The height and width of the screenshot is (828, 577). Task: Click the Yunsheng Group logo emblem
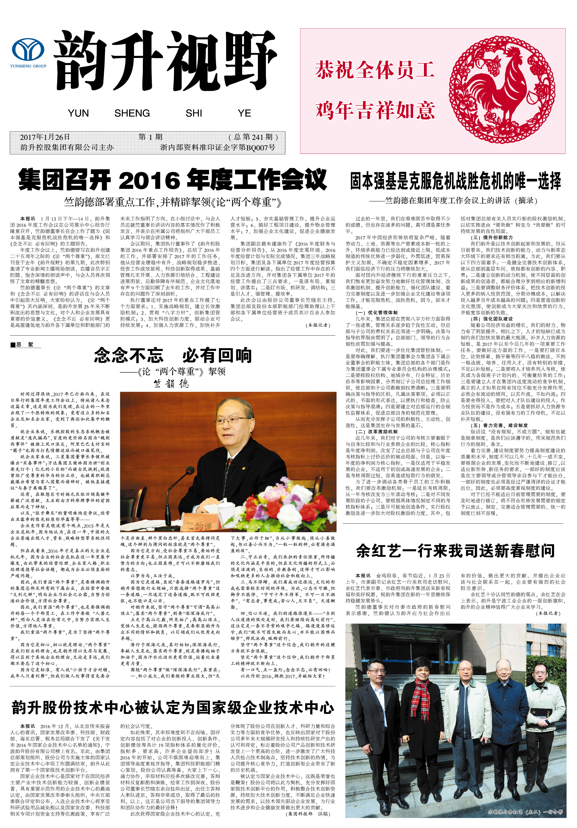[28, 50]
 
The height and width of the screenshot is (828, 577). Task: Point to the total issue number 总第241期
[253, 137]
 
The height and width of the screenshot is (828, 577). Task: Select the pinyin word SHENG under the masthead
[132, 113]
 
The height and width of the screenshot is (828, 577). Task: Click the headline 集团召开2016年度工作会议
[173, 180]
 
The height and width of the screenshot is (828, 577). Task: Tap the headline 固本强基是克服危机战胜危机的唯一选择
[455, 181]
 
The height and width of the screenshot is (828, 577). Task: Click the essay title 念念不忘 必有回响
[173, 356]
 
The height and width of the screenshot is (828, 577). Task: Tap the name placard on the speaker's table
[200, 524]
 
